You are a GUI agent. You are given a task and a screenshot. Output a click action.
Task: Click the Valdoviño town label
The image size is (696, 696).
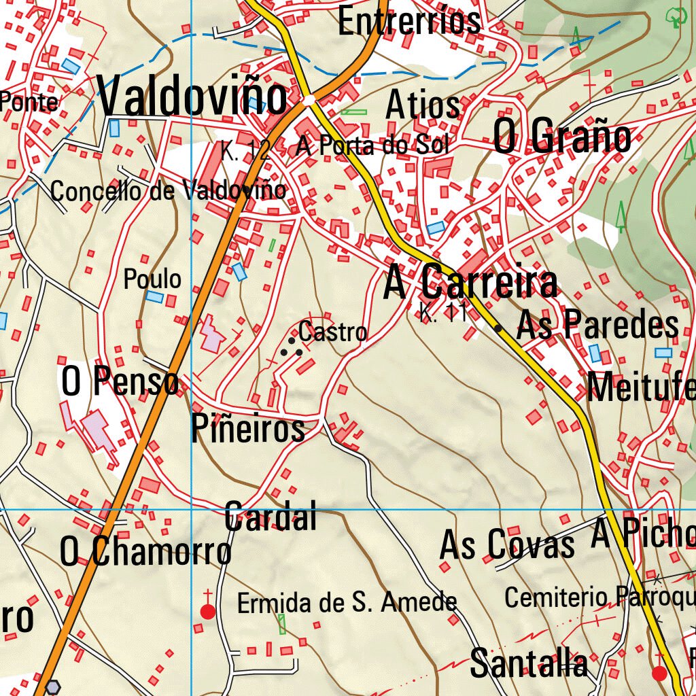point(192,97)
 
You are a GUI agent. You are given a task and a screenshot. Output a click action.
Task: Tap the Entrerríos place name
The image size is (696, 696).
point(409,20)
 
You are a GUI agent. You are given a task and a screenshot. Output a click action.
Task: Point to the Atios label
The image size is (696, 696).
point(423,105)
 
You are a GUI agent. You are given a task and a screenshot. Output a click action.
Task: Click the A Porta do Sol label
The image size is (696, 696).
point(372,145)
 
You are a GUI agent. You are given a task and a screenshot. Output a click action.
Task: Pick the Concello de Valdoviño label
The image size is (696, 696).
point(168,191)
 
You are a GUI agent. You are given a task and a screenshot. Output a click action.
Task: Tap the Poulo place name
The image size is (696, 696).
point(152,279)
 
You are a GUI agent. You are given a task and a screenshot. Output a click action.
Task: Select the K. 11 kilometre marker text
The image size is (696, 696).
point(444,314)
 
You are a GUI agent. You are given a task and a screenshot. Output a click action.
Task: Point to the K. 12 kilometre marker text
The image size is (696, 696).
point(245,151)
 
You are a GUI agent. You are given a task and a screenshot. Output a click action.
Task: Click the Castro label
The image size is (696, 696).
point(332,332)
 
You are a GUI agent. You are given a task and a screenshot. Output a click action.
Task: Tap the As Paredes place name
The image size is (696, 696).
point(597,326)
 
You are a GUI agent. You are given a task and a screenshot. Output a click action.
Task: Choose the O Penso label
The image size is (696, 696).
point(120,382)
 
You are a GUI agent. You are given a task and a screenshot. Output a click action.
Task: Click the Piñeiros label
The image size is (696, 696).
point(248,429)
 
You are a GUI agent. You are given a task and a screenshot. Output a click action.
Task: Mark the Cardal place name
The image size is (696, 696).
point(271,517)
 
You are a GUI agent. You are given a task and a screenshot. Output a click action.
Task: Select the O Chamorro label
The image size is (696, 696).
point(145,551)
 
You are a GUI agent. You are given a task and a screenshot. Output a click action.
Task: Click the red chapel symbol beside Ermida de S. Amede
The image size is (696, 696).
point(208,611)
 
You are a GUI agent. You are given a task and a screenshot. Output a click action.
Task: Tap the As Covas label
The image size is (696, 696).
point(507,545)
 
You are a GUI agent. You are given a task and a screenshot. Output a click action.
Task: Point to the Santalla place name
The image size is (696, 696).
point(529,663)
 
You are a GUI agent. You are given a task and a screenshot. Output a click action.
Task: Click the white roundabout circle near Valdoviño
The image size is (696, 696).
point(310,101)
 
